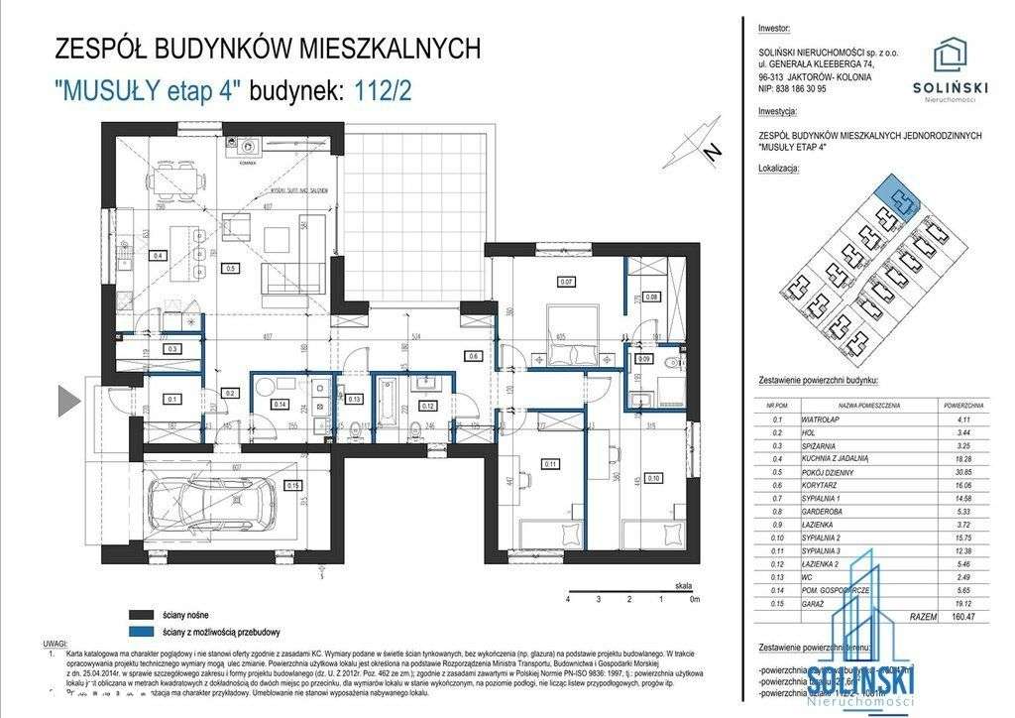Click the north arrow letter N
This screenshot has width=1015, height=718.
pyautogui.click(x=710, y=152)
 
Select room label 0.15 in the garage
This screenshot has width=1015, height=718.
pyautogui.click(x=292, y=485)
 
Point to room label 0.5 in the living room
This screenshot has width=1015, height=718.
pyautogui.click(x=230, y=267)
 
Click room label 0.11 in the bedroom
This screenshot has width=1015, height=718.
pyautogui.click(x=551, y=462)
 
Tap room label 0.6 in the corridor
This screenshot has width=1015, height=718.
pyautogui.click(x=474, y=355)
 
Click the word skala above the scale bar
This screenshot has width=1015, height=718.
pyautogui.click(x=682, y=587)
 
